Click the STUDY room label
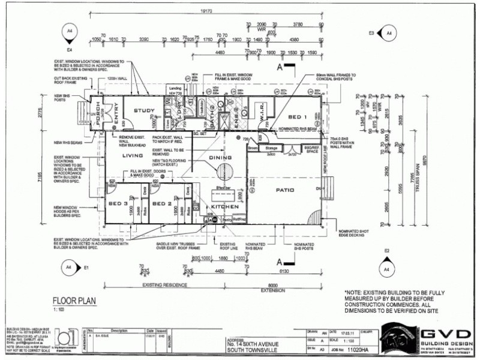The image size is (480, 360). pyautogui.click(x=144, y=110)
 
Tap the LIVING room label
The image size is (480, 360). pyautogui.click(x=133, y=155)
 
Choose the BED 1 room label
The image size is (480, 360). pyautogui.click(x=298, y=116)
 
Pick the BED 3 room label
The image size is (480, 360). pyautogui.click(x=118, y=204)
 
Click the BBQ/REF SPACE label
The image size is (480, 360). pyautogui.click(x=311, y=150)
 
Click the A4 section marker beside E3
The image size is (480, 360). pyautogui.click(x=388, y=32)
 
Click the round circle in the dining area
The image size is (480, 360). pyautogui.click(x=225, y=170)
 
